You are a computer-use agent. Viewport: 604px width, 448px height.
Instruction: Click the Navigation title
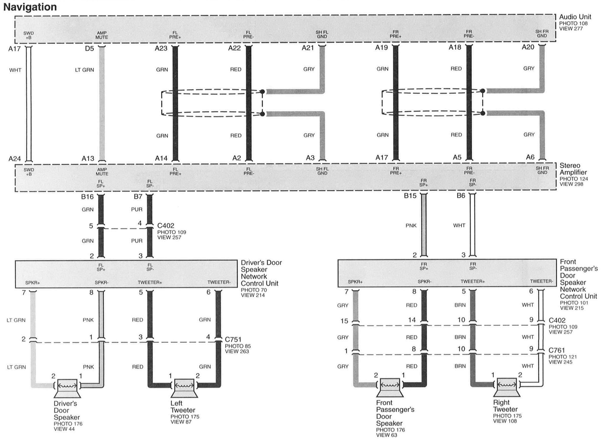(30, 7)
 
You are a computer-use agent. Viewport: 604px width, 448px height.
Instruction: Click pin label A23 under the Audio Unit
(161, 48)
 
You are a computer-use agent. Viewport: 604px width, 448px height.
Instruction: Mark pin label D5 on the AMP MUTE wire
(89, 49)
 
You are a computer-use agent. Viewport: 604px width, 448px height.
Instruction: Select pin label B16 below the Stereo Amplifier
(87, 197)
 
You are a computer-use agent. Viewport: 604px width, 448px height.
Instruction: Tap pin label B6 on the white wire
(461, 196)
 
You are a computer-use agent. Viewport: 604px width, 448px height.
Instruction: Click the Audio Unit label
(575, 17)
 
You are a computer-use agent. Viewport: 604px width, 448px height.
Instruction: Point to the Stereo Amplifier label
(573, 169)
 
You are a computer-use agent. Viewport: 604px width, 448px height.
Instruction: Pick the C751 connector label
(233, 339)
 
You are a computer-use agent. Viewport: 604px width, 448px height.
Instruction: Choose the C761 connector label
(557, 350)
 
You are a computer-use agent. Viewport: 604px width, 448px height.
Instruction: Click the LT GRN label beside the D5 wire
(84, 70)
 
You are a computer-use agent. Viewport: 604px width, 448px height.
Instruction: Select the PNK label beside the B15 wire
(411, 226)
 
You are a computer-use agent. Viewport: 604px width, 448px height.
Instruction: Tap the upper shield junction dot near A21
(262, 92)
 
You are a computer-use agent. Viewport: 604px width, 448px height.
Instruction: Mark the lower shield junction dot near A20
(483, 113)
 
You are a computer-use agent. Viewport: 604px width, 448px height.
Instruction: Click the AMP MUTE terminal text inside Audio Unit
(102, 35)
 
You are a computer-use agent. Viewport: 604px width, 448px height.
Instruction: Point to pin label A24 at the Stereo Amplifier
(14, 159)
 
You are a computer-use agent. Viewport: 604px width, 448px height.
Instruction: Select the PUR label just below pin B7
(136, 209)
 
